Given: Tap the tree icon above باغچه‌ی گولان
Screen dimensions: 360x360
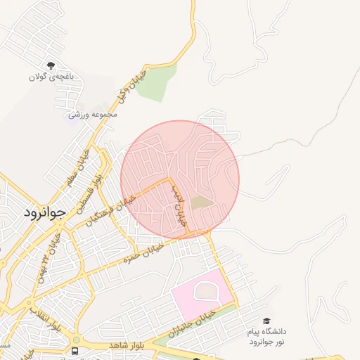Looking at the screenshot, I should click(51, 65).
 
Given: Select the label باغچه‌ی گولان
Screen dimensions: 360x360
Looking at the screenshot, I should click(51, 76).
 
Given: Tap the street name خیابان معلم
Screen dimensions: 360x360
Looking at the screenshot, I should click(79, 168).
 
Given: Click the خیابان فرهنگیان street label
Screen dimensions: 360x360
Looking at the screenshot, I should click(111, 209).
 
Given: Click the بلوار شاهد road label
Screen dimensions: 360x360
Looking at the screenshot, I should click(126, 347).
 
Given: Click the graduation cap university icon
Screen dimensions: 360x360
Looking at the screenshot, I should click(266, 321).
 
